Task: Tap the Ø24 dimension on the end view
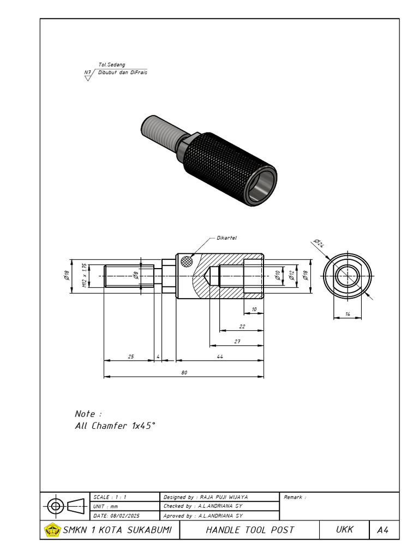tap(319, 243)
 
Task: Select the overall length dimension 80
tap(184, 373)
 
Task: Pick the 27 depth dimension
tap(237, 342)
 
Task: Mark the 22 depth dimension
tap(242, 327)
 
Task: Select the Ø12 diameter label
tap(291, 276)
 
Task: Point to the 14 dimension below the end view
tap(348, 315)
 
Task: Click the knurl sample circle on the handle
tap(188, 261)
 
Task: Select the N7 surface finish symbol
tap(87, 75)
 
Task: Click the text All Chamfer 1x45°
tap(115, 426)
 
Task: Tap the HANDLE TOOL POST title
tap(249, 530)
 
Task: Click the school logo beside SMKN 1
tap(52, 530)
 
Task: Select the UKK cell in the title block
tap(344, 530)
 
